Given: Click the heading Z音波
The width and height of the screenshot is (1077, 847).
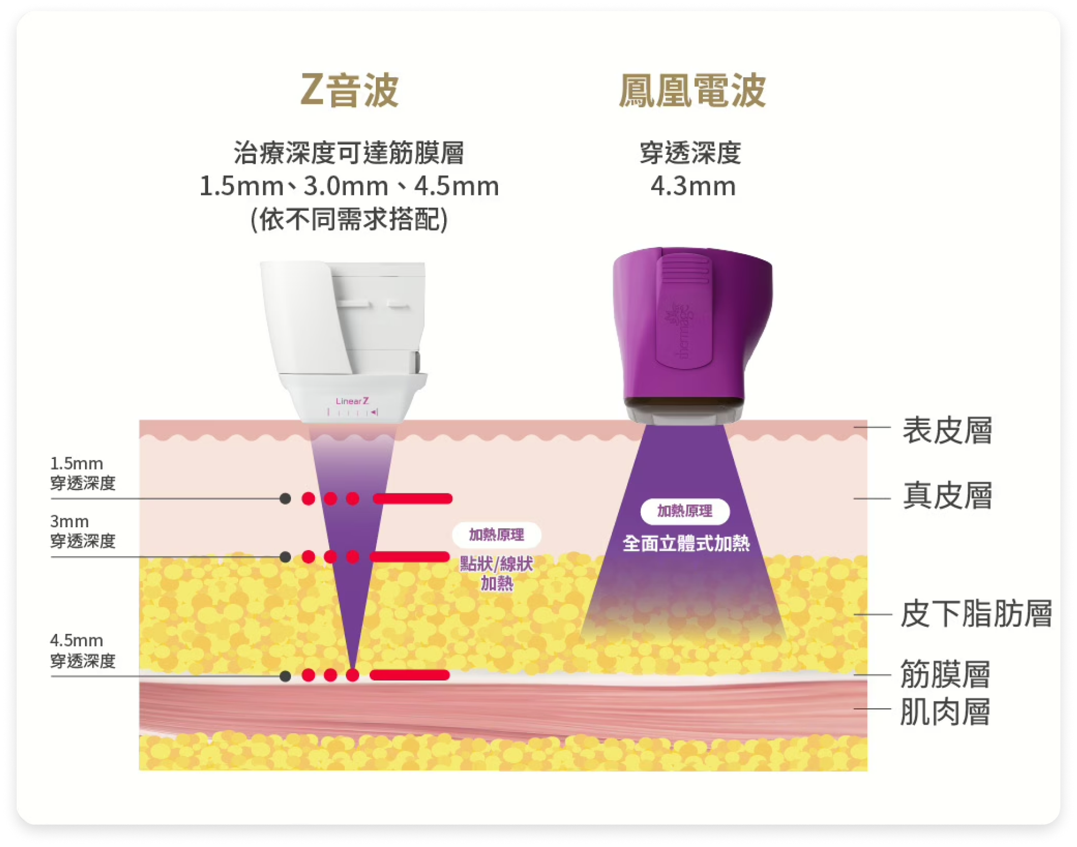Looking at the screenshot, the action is (349, 90).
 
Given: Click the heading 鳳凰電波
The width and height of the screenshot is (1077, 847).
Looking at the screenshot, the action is (692, 90).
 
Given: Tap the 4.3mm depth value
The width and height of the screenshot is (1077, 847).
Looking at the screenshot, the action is (693, 186).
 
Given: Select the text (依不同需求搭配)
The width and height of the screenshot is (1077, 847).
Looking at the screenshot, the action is (349, 219).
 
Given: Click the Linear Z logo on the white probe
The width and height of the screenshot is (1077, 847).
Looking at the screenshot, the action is (352, 401).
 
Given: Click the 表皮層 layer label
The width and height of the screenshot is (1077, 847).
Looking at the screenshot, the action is (947, 431).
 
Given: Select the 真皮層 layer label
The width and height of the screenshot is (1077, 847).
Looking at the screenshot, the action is (947, 496).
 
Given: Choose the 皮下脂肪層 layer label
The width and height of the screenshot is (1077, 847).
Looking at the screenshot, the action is (976, 614).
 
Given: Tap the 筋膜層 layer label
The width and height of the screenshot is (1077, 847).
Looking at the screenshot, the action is (945, 674).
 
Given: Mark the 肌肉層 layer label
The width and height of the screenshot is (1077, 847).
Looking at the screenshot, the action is (945, 712).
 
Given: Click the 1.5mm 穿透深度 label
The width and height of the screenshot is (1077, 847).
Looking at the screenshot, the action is (83, 473).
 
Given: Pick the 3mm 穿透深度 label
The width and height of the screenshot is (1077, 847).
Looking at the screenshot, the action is (83, 531).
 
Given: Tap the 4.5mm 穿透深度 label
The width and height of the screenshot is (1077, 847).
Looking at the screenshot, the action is (83, 651).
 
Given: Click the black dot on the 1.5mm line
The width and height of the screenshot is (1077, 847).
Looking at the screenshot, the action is (285, 498).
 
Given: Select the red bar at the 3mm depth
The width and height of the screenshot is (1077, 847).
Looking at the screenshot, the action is (410, 557).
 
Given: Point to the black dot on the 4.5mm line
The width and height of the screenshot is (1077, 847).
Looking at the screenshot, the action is (285, 675).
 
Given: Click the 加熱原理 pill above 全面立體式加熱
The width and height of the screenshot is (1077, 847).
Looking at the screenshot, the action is (685, 511).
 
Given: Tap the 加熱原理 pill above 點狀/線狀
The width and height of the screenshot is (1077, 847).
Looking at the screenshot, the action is (496, 535).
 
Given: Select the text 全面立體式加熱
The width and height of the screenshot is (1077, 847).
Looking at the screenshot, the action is (686, 543).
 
